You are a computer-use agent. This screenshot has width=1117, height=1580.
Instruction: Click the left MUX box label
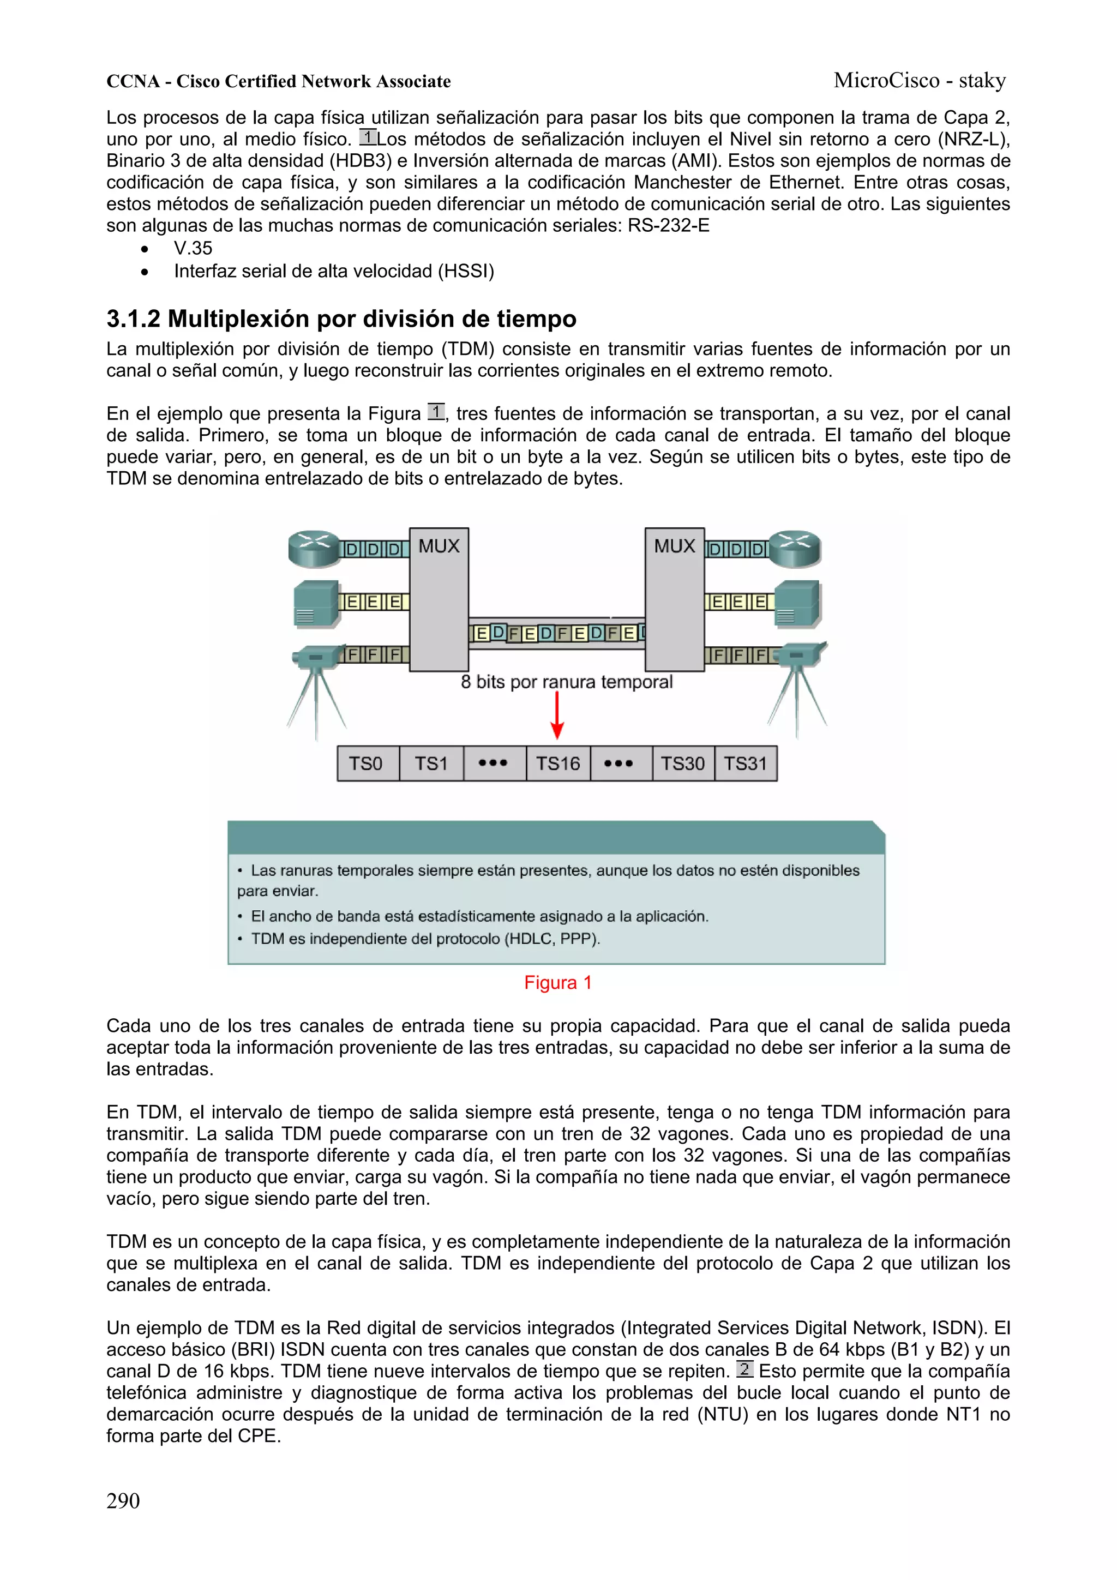tap(439, 546)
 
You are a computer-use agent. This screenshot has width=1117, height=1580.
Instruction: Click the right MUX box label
tap(674, 546)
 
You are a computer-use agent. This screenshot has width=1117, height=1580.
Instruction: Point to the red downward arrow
tap(557, 716)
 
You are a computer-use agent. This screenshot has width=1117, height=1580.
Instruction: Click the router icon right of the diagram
tap(796, 549)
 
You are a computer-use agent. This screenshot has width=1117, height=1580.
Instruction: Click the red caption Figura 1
tap(557, 983)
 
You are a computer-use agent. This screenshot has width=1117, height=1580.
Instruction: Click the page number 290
tap(123, 1501)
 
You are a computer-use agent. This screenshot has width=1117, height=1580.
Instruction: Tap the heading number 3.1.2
tap(133, 319)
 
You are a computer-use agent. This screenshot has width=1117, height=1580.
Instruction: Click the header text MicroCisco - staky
tap(920, 81)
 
